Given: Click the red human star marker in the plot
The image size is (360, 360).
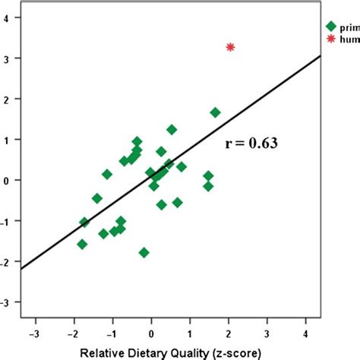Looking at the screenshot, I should click(x=231, y=47).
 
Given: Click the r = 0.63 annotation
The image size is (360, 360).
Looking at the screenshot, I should click(x=251, y=143).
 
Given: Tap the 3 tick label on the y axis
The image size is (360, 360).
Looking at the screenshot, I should click(x=8, y=58).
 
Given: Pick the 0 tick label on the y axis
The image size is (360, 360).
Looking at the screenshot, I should click(x=8, y=181).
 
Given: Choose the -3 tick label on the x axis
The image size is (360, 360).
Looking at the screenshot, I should click(x=35, y=333).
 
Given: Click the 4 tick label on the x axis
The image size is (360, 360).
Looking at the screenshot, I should click(x=306, y=333).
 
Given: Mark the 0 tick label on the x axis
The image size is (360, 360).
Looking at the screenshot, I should click(x=152, y=333).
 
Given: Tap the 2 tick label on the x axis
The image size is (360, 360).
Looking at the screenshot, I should click(x=229, y=333).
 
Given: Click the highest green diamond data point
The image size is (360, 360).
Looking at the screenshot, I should click(x=216, y=112).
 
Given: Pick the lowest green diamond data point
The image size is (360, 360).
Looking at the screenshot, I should click(x=144, y=252).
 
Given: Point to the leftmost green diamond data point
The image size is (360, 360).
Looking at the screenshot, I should click(x=82, y=244).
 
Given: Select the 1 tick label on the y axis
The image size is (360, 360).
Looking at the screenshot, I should click(x=8, y=140).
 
